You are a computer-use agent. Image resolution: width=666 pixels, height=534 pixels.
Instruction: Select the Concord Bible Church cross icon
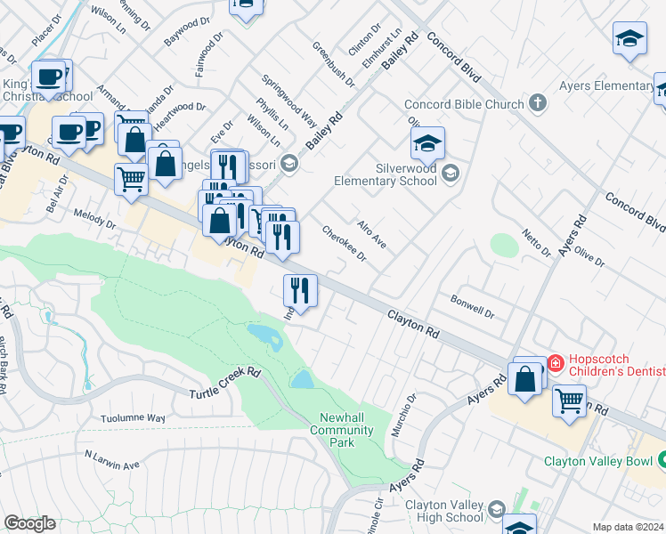click(537, 104)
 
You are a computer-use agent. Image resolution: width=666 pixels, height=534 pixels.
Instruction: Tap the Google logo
click(29, 522)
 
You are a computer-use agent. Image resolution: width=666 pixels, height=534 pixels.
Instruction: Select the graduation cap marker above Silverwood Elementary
click(427, 142)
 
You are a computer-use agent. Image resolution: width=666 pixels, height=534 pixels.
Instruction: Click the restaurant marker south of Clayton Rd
click(300, 289)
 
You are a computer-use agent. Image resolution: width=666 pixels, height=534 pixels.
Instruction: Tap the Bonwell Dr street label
click(472, 306)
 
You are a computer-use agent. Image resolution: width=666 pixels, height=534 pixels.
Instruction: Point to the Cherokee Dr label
click(344, 243)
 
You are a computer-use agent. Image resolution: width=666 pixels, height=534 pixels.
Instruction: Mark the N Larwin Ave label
click(112, 459)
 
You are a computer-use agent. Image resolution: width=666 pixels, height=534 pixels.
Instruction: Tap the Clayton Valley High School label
click(444, 511)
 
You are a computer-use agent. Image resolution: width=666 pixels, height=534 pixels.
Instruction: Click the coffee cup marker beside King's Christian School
click(50, 77)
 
